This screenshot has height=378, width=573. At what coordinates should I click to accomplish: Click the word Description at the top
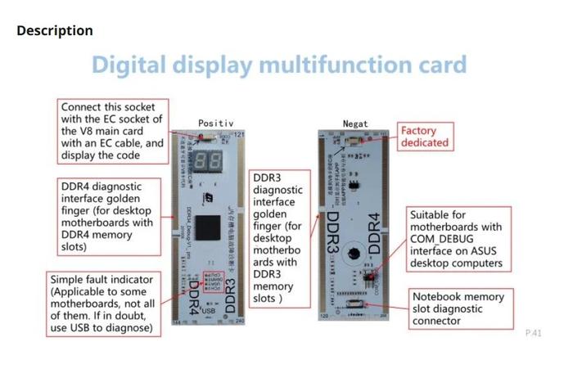pyautogui.click(x=55, y=31)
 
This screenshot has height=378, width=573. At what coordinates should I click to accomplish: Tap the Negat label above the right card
pyautogui.click(x=355, y=124)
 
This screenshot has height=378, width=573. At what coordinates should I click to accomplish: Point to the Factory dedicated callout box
pyautogui.click(x=425, y=136)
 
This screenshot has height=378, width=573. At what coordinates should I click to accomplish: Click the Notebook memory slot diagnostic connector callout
pyautogui.click(x=458, y=308)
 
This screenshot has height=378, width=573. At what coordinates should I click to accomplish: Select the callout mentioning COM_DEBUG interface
pyautogui.click(x=458, y=238)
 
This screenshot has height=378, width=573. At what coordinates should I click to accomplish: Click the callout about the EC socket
pyautogui.click(x=113, y=131)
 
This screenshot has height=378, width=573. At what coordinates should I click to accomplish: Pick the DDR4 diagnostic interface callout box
pyautogui.click(x=107, y=216)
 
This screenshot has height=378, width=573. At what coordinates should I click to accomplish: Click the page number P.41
pyautogui.click(x=533, y=332)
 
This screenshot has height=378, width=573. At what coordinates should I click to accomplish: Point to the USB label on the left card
pyautogui.click(x=209, y=312)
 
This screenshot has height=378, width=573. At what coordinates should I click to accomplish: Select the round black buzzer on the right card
pyautogui.click(x=354, y=249)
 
